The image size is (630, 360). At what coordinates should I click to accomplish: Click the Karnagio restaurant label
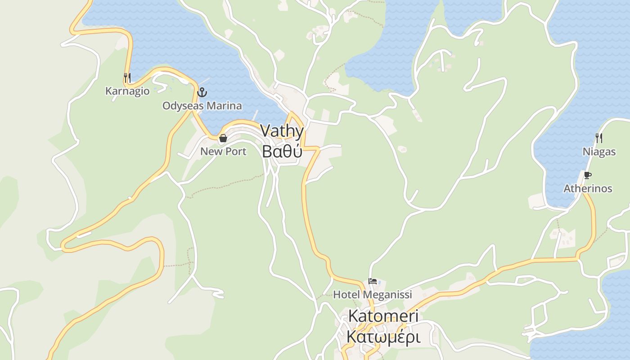pyautogui.click(x=127, y=91)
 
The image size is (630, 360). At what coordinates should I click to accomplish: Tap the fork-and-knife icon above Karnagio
pyautogui.click(x=127, y=78)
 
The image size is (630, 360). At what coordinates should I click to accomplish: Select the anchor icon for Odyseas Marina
pyautogui.click(x=202, y=93)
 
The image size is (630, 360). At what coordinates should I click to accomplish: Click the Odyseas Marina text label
pyautogui.click(x=202, y=106)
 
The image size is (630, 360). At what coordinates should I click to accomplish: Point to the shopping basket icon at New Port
pyautogui.click(x=223, y=138)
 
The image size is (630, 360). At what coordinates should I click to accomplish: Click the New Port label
pyautogui.click(x=223, y=151)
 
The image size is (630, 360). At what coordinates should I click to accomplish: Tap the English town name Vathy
pyautogui.click(x=282, y=131)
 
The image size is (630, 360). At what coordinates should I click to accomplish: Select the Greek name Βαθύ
pyautogui.click(x=282, y=152)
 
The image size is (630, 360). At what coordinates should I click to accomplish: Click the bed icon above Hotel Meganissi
pyautogui.click(x=373, y=282)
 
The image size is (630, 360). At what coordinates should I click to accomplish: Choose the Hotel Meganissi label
pyautogui.click(x=372, y=295)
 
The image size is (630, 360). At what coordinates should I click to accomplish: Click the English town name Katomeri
pyautogui.click(x=383, y=316)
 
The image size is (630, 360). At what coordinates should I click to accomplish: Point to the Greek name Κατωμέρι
pyautogui.click(x=383, y=337)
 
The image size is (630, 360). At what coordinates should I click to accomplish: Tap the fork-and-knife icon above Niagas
pyautogui.click(x=599, y=138)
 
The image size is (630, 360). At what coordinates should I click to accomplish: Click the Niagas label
pyautogui.click(x=599, y=152)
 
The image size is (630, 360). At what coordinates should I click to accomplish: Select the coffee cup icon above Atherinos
pyautogui.click(x=587, y=175)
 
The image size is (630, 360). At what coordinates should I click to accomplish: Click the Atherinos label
pyautogui.click(x=588, y=189)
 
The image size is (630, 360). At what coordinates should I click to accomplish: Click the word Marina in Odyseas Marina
pyautogui.click(x=223, y=106)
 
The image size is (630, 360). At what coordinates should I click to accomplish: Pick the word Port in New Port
pyautogui.click(x=235, y=151)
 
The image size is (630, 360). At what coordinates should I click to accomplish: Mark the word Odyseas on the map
pyautogui.click(x=182, y=106)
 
